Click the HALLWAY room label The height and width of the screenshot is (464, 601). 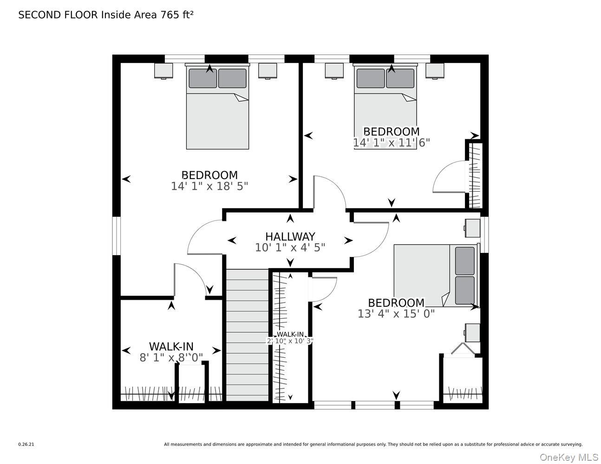point(290,236)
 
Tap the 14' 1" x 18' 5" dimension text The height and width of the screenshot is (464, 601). point(209,186)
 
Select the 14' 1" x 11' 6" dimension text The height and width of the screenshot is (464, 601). point(391,142)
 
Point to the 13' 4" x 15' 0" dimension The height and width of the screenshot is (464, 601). point(396,314)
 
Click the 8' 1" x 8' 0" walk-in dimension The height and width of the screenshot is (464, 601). point(171,358)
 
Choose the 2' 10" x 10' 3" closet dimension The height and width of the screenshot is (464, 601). point(290,341)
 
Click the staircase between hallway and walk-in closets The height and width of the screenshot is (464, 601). point(247,334)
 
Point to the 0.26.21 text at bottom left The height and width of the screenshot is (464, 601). point(26,444)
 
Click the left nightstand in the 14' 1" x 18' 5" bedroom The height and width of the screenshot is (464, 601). point(163,71)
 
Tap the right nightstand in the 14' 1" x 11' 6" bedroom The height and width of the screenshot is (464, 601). point(435,71)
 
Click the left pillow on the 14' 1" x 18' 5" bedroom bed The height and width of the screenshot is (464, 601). point(203,78)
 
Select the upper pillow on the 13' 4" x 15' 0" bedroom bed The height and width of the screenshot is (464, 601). point(464,261)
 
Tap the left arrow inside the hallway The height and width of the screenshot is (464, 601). point(232,240)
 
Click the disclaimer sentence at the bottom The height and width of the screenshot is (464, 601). point(373,444)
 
